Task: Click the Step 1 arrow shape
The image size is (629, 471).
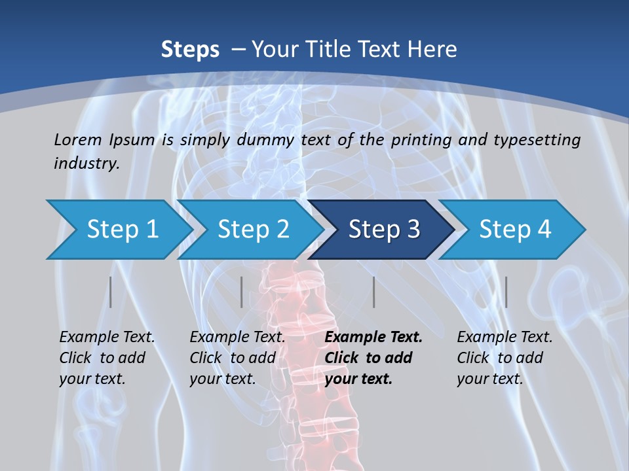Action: tap(122, 230)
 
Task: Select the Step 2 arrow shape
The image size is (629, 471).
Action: tap(253, 230)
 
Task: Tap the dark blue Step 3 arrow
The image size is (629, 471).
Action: tap(384, 230)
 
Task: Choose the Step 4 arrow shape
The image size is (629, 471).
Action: tap(515, 230)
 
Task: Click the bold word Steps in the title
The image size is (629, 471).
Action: tap(190, 50)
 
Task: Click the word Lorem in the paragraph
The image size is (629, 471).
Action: tap(78, 139)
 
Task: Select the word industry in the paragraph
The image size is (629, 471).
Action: tap(86, 164)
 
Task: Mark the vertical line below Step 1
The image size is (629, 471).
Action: tap(111, 292)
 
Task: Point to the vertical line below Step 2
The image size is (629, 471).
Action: tap(242, 292)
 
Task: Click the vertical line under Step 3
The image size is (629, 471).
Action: tap(374, 292)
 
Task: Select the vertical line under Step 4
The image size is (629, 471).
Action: tap(506, 292)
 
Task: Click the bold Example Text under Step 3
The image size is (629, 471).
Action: tap(373, 338)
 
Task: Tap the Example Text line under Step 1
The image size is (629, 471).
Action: tap(107, 338)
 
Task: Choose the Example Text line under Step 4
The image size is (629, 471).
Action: tap(505, 338)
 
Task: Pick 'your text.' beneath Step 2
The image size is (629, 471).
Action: tap(223, 379)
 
